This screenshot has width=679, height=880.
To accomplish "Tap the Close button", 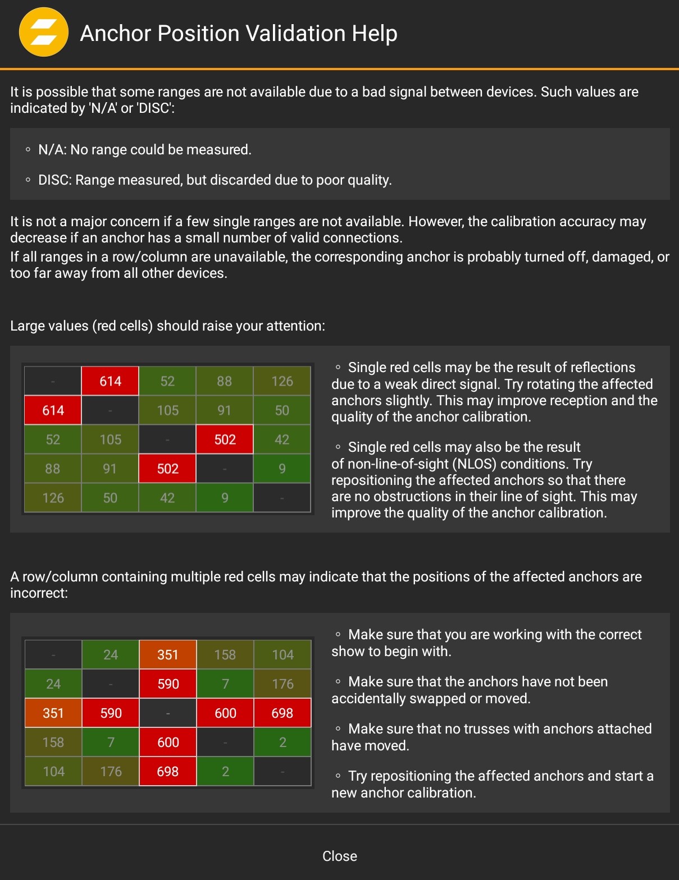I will (x=339, y=856).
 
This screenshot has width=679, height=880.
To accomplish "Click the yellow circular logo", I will (x=44, y=32).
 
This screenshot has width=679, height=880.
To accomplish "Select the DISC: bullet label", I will (x=54, y=180).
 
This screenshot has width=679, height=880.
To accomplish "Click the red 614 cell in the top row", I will (x=111, y=382).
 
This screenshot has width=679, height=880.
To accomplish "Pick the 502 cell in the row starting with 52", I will (x=225, y=439).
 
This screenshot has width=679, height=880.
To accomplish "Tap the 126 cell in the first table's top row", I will (x=282, y=382).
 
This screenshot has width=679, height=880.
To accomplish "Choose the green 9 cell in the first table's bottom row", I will (x=225, y=498).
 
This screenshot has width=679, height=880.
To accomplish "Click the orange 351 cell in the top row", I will (x=168, y=655).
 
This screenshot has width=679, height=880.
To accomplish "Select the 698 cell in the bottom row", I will (x=168, y=772).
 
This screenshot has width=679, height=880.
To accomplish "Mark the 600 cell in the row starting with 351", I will (x=225, y=713).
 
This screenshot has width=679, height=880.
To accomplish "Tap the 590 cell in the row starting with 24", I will (x=168, y=684).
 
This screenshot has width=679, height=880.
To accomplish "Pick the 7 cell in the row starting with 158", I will (x=111, y=742).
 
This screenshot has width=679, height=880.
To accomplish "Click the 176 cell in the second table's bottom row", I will (x=111, y=772).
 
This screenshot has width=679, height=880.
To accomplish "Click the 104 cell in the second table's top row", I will (x=282, y=655).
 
